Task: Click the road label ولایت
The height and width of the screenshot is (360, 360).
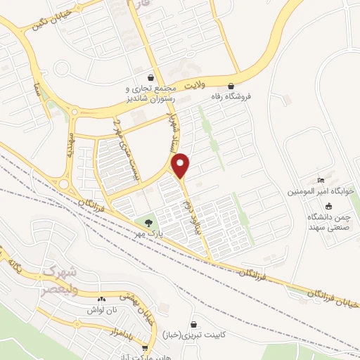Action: pos(193,84)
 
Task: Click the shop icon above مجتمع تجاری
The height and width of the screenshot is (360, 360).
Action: pos(150,77)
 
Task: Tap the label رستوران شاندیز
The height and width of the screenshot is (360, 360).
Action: pos(148,99)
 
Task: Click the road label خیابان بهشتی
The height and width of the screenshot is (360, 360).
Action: pos(131,302)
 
